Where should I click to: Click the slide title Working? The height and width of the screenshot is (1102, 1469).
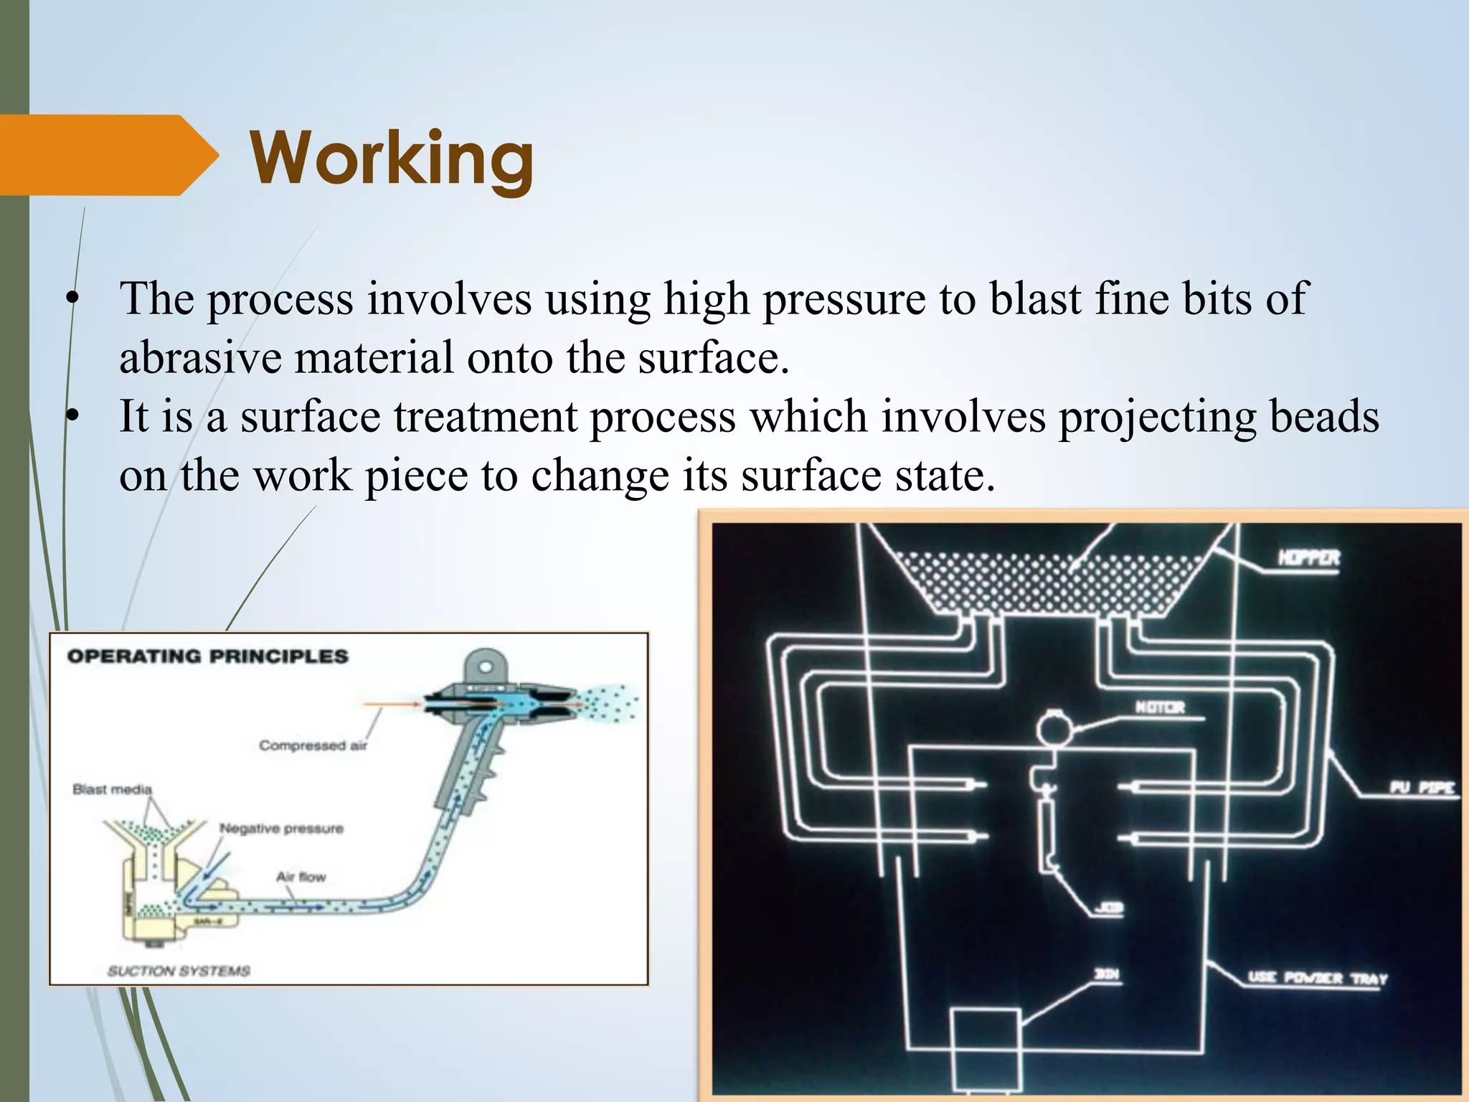[392, 158]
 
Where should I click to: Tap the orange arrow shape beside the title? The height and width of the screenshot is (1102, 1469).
[108, 155]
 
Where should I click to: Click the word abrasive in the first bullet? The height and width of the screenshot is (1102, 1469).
[199, 357]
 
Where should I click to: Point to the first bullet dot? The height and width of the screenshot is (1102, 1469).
[71, 300]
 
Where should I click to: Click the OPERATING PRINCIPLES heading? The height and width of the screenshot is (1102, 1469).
[207, 656]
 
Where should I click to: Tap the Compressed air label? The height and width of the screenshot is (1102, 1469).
[313, 745]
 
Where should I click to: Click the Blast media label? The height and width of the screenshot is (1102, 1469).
[112, 789]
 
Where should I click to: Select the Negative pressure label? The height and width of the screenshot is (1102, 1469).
[281, 829]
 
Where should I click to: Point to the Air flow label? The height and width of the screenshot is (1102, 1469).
[301, 877]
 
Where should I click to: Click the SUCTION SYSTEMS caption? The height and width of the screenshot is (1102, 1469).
[179, 971]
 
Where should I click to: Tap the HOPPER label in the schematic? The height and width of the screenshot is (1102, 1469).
[1308, 557]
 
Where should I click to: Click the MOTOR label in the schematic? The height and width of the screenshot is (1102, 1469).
[1160, 707]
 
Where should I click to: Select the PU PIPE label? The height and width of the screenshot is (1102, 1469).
[1421, 788]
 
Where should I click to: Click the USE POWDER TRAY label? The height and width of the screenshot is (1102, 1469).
[1317, 978]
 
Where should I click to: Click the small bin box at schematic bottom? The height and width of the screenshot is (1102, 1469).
[985, 1049]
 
